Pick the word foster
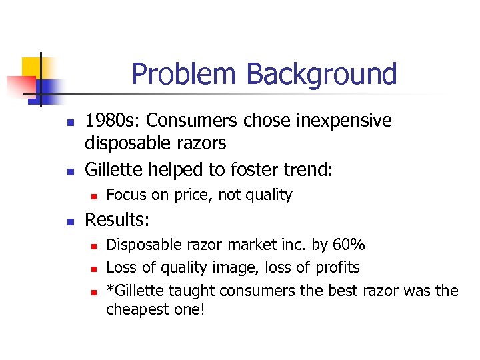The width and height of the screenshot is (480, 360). pos(235,170)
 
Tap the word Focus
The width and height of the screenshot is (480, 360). pos(125,195)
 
